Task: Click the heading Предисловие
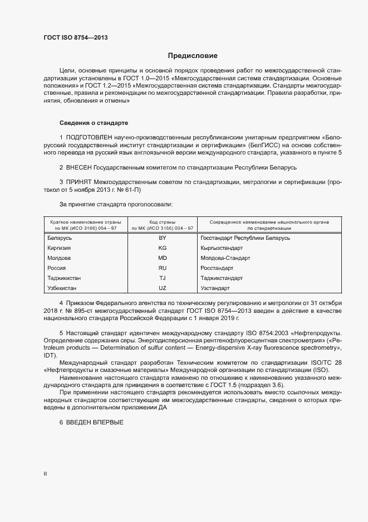coord(193,56)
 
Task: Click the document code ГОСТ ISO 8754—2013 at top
coord(76,37)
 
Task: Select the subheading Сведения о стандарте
coord(94,122)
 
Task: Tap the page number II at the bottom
coord(45,474)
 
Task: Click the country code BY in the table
coord(163,238)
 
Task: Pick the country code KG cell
coord(163,248)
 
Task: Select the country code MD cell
coord(163,258)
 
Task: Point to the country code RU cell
coord(163,268)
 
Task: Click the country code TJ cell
coord(163,278)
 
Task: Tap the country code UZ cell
coord(163,288)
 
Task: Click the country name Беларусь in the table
coord(60,238)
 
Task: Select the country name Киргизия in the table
coord(60,248)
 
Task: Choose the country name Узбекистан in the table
coord(62,288)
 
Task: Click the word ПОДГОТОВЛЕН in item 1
coord(90,137)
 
